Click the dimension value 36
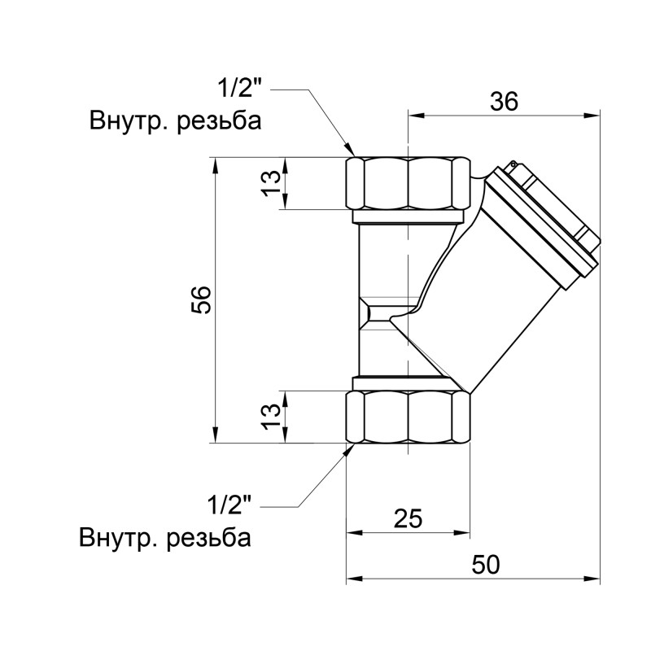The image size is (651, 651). click(504, 101)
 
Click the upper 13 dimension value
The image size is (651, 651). click(273, 184)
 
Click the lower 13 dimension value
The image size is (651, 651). click(273, 417)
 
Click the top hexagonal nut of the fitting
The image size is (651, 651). click(409, 183)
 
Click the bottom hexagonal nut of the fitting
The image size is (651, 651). click(409, 417)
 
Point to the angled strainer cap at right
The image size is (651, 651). click(549, 220)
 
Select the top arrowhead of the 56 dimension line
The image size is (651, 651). click(216, 163)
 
